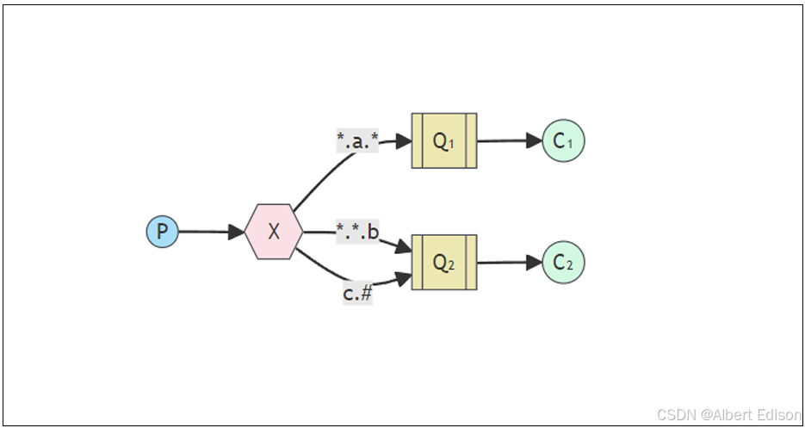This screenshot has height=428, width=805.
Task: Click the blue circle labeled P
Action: point(162,232)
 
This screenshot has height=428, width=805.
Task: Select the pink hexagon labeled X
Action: point(274,232)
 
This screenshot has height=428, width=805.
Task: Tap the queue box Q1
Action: point(443,141)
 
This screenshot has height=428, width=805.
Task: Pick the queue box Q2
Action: point(443,263)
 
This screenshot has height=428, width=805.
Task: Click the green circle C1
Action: point(564,141)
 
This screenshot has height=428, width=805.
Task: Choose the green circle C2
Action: point(564,263)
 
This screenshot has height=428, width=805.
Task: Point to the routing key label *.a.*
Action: point(357,140)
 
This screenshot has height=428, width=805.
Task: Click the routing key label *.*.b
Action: point(357,233)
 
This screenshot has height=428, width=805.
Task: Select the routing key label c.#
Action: point(357,293)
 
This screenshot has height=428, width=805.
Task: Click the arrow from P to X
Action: point(207,232)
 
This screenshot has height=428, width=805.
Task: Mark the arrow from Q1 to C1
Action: point(508,141)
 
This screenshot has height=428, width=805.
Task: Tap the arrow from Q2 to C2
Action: point(508,263)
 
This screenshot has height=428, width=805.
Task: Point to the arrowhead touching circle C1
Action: point(535,141)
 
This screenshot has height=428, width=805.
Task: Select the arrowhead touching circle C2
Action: point(535,263)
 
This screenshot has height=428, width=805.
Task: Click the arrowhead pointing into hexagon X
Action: point(237,232)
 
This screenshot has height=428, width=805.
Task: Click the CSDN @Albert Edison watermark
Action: point(728,414)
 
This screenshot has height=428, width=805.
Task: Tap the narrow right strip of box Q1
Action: point(471,141)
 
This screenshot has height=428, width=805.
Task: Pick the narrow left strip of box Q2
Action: point(417,263)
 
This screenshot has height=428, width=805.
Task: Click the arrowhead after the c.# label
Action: point(403,277)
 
